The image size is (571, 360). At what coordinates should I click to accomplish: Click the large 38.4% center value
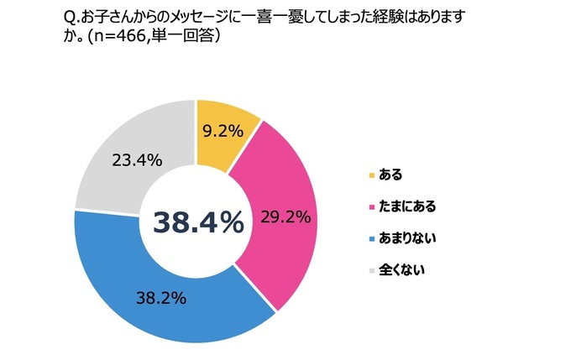[198, 222]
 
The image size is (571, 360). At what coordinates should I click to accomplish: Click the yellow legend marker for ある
[371, 175]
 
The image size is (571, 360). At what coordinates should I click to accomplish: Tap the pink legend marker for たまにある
[371, 207]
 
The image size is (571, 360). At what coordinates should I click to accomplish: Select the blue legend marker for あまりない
[371, 240]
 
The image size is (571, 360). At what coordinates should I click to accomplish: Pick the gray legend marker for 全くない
[371, 272]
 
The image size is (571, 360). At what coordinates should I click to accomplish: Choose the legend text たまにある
[407, 207]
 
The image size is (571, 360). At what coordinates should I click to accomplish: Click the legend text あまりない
[407, 240]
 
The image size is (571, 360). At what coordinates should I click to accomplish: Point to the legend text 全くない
[401, 272]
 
